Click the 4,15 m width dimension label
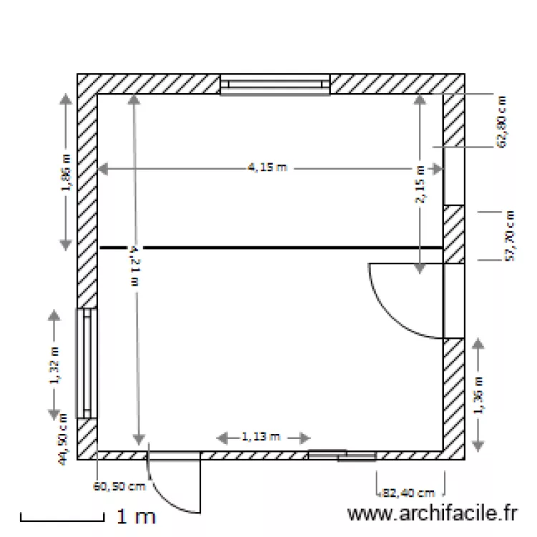pos(266,168)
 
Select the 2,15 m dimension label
pos(420,184)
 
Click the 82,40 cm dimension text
pos(409,493)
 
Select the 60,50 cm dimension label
pos(120,487)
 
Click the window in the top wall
pos(274,84)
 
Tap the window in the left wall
pos(86,363)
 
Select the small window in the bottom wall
pos(342,454)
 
